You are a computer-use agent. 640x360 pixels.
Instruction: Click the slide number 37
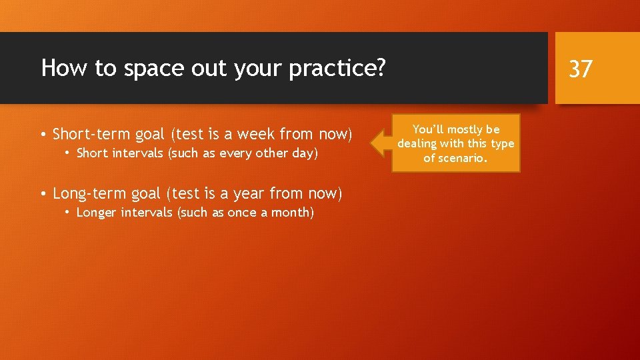click(580, 68)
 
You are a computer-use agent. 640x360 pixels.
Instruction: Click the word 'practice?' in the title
click(337, 68)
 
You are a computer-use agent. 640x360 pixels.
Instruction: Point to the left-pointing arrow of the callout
click(381, 143)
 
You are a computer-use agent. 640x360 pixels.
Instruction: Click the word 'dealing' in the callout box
click(417, 144)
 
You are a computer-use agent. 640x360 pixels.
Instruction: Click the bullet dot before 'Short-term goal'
click(43, 135)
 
